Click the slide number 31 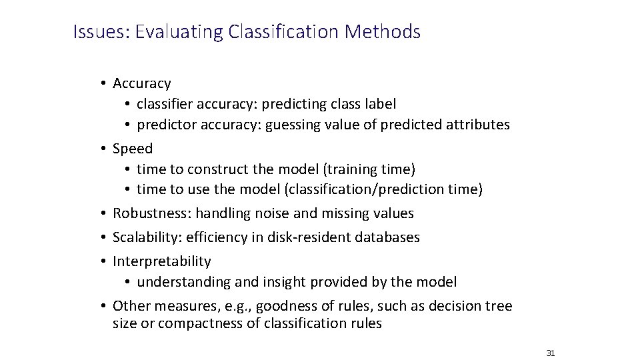[x=551, y=353]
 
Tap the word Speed [x=133, y=148]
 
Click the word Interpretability [x=161, y=261]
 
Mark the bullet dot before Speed [x=105, y=148]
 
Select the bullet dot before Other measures [x=105, y=306]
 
